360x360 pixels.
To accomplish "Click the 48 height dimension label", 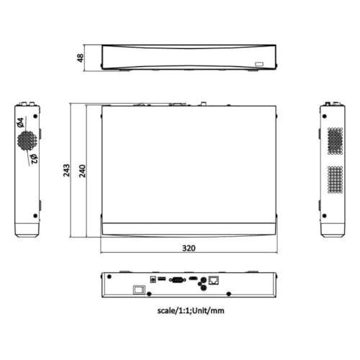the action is coord(81,58).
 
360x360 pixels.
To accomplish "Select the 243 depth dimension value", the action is coord(66,171).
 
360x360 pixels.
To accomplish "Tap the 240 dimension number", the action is coord(82,171).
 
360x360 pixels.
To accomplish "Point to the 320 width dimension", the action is coord(189,248).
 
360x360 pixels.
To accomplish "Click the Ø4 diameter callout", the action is coord(20,122).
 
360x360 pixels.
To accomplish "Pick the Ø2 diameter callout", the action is coord(34,159).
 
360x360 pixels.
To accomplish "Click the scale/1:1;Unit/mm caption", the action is coord(191,310).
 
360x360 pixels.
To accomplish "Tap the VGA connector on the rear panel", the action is coord(178,280).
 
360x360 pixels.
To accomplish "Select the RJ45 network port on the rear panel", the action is coord(214,280).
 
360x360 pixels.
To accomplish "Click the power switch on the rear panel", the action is coord(139,289).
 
